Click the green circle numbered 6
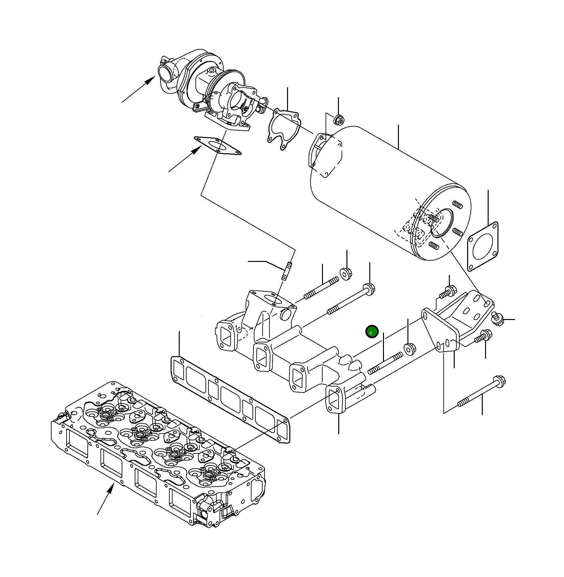372,332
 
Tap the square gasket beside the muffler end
483,247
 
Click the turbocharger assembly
209,88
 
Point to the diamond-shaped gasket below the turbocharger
218,145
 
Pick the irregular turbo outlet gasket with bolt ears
283,129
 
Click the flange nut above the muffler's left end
339,120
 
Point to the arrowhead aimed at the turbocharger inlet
150,80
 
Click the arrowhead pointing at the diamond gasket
197,150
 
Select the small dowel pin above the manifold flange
287,271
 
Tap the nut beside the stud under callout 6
410,348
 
